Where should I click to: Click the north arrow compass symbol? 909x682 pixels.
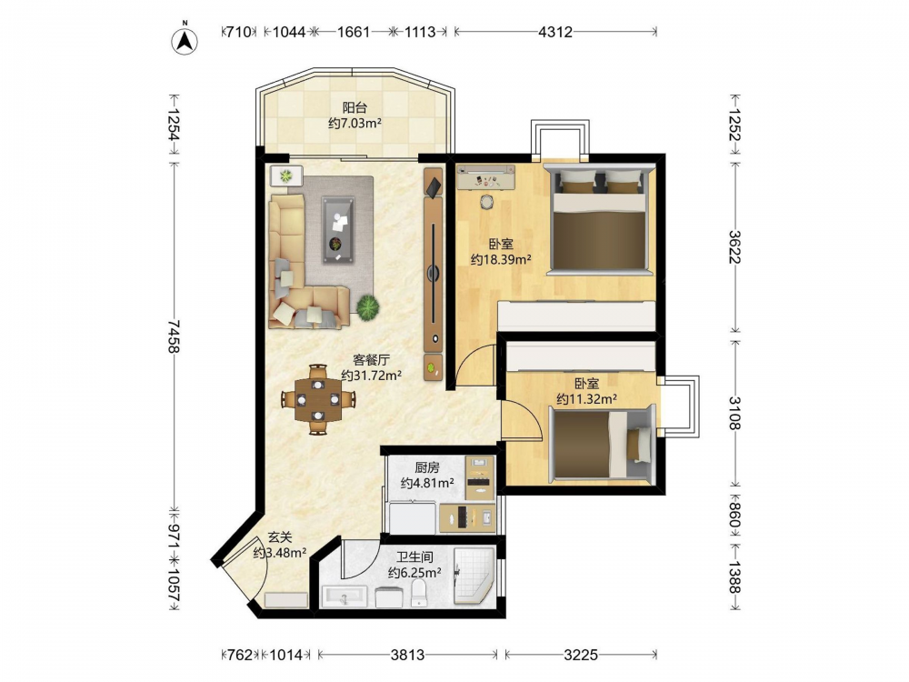(x=185, y=40)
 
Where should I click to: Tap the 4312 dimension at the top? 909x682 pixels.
(x=554, y=32)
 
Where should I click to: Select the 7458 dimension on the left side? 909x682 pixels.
(x=174, y=336)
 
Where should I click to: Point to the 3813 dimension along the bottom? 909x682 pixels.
(x=407, y=655)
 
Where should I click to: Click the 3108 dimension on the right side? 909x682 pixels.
(x=734, y=412)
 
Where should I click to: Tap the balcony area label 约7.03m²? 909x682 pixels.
(x=355, y=123)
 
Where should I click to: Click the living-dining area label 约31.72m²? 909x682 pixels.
(x=371, y=376)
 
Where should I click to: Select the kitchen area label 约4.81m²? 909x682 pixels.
(x=427, y=483)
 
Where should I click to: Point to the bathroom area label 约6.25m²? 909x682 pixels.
(x=415, y=573)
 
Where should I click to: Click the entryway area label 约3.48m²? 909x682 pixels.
(x=279, y=553)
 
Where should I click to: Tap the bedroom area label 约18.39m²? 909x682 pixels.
(x=501, y=259)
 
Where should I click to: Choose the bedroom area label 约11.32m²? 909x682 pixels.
(x=586, y=398)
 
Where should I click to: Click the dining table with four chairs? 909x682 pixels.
(x=317, y=399)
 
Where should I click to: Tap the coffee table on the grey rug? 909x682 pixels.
(x=338, y=230)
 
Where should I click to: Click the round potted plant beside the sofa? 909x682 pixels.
(x=367, y=306)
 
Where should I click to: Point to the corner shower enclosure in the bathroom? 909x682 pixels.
(x=473, y=577)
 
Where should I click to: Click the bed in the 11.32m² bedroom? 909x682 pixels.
(x=603, y=445)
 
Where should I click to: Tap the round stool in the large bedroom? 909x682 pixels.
(x=485, y=202)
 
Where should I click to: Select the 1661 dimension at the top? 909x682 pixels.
(x=353, y=32)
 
